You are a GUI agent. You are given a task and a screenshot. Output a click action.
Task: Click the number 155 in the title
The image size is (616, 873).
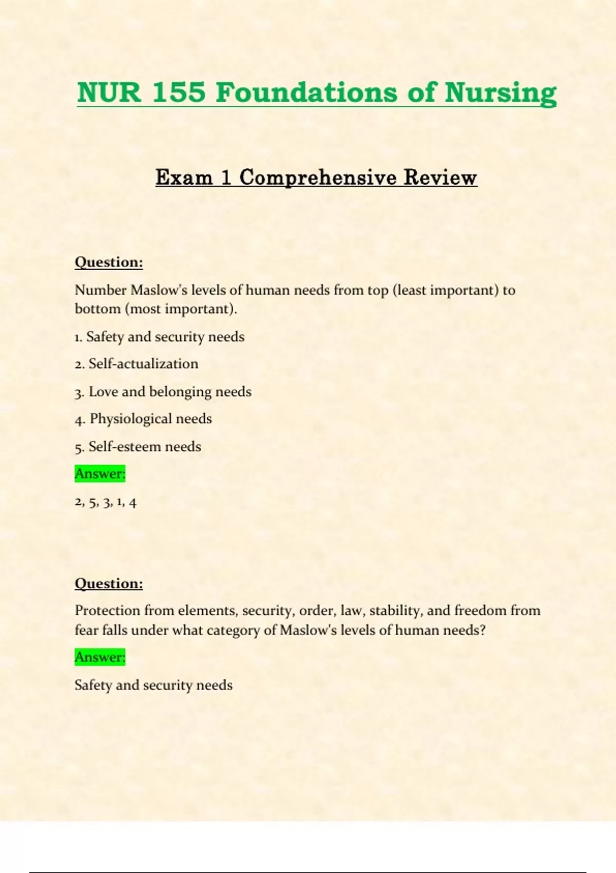178,93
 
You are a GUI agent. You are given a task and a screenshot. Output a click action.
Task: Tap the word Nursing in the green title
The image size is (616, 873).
500,93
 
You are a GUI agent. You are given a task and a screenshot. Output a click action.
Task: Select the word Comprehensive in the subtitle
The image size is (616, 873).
318,178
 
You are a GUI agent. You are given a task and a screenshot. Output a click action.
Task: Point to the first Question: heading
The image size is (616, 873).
109,262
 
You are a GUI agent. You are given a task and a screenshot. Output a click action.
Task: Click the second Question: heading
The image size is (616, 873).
109,584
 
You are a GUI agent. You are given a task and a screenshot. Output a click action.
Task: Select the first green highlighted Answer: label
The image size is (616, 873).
100,473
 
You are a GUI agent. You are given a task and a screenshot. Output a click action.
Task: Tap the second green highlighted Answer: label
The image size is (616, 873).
100,657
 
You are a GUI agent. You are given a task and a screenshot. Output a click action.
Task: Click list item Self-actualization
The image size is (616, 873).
143,364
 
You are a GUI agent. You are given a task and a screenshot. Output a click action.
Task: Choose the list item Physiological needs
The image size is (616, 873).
150,419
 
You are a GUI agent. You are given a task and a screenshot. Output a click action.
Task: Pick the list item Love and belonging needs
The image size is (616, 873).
170,392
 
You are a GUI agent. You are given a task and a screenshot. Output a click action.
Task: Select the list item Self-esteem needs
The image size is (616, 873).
145,447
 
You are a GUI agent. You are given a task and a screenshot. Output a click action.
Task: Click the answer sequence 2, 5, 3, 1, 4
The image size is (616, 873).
106,502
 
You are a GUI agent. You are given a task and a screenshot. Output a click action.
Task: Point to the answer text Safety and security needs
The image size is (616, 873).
153,685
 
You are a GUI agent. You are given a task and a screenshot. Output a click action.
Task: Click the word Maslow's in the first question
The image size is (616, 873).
159,290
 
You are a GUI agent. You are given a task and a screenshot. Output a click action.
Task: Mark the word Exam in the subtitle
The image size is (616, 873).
184,178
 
